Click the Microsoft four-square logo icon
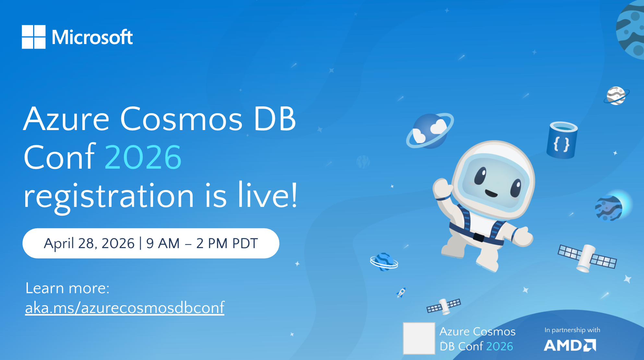33,37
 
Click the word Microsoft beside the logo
92,37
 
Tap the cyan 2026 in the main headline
143,158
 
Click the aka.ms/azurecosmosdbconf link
125,307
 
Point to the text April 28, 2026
89,243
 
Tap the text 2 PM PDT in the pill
227,243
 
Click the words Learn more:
67,288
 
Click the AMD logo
570,345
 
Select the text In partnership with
572,330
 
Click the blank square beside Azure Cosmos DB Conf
419,338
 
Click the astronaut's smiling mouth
491,194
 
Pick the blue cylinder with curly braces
562,140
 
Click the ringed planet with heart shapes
430,131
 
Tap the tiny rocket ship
401,293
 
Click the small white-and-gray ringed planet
616,96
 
